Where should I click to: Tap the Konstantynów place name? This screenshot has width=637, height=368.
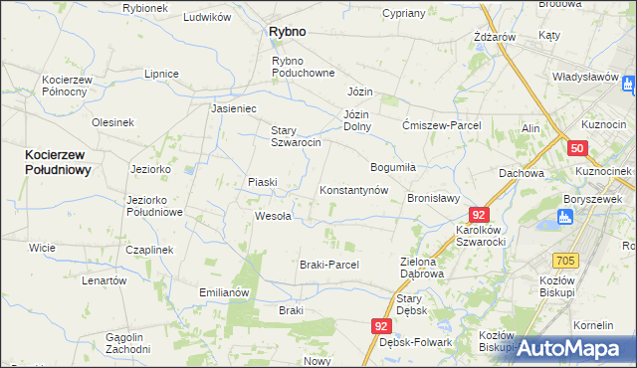click(352, 190)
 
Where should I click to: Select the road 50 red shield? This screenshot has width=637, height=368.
click(577, 148)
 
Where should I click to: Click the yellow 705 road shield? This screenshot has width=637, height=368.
click(565, 261)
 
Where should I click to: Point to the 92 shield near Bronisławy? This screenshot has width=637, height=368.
click(480, 215)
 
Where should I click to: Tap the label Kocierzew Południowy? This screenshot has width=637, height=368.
click(59, 162)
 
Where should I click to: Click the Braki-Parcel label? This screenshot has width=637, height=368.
click(328, 265)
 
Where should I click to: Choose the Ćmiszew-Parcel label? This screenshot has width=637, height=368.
click(441, 125)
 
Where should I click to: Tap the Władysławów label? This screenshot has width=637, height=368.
click(586, 76)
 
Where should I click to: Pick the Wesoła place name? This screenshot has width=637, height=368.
click(273, 216)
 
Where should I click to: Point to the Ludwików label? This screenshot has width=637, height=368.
click(207, 18)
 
